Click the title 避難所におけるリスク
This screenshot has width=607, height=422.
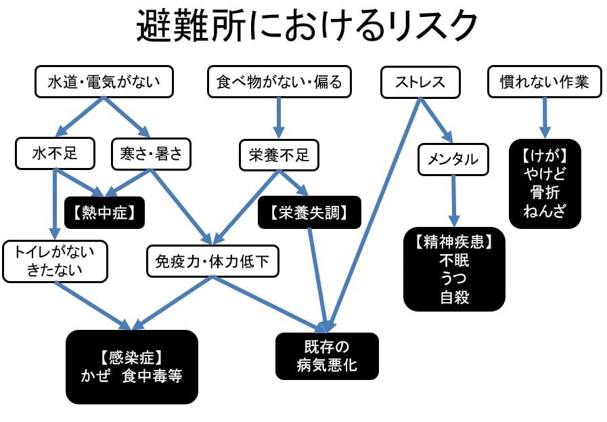[x=307, y=27]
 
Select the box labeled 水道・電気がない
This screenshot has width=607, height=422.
[x=104, y=82]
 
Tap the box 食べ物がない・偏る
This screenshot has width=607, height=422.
[x=279, y=82]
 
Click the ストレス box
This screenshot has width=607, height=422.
[x=420, y=82]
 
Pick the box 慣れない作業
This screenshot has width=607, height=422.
[x=543, y=82]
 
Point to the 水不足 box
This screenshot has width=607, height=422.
[x=55, y=154]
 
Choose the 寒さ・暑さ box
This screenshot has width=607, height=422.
[x=151, y=154]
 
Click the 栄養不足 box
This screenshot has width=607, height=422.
[x=279, y=155]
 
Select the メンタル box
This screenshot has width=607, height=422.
[x=453, y=159]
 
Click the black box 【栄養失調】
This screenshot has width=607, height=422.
[x=309, y=212]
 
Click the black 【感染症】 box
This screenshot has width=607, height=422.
[x=132, y=366]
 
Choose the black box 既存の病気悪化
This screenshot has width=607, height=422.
[x=327, y=356]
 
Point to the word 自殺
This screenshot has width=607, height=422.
[x=454, y=296]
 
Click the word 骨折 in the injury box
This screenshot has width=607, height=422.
[x=545, y=193]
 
